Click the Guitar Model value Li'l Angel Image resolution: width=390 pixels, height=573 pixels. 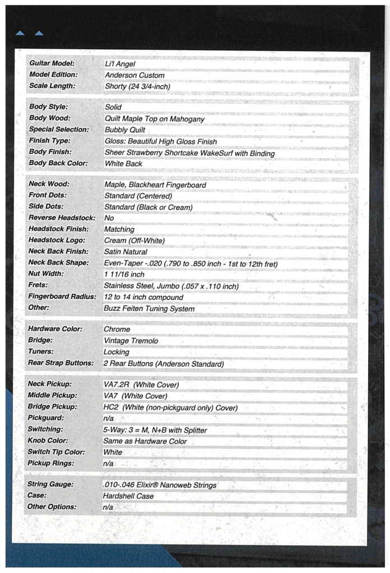click(x=120, y=64)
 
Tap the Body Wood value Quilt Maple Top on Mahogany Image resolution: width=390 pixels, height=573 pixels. click(x=155, y=119)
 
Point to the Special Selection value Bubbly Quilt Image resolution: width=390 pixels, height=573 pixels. click(x=126, y=130)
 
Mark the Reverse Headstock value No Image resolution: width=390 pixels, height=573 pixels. click(x=109, y=218)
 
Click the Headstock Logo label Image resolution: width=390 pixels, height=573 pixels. click(x=56, y=240)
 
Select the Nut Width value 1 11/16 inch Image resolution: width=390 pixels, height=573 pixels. click(x=124, y=274)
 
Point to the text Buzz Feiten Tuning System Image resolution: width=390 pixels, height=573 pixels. click(x=149, y=308)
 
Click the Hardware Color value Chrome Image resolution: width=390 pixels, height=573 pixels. click(x=117, y=329)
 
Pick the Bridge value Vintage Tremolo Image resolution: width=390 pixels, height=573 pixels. click(x=131, y=341)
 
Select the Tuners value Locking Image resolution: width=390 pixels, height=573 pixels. click(x=116, y=352)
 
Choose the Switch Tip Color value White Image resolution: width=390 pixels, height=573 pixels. click(x=113, y=452)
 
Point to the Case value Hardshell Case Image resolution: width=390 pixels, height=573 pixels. click(x=128, y=496)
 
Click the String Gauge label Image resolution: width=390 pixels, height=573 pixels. click(x=51, y=484)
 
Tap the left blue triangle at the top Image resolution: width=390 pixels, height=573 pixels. click(x=20, y=34)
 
